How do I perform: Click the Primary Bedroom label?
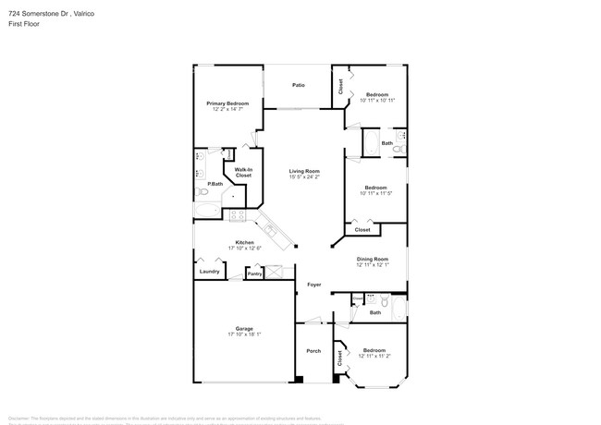point(227,103)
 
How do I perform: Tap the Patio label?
point(299,85)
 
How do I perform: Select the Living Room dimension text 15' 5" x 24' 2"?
point(304,176)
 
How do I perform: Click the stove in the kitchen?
point(237,216)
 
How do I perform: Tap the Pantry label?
point(254,273)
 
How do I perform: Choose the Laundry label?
point(209,272)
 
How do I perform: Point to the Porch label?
point(313,352)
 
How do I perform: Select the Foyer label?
point(314,285)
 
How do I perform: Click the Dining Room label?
point(373,259)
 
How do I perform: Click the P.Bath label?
point(215,184)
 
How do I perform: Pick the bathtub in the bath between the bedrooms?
point(370,142)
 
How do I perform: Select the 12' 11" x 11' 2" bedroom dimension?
point(374,356)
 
